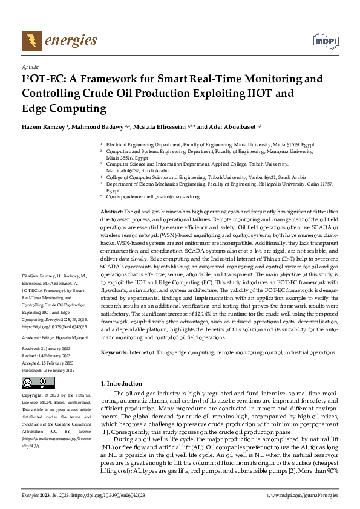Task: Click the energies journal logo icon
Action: click(x=30, y=41)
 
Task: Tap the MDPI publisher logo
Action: click(x=324, y=41)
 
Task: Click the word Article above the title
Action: click(x=30, y=66)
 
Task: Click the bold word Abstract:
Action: click(x=111, y=211)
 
